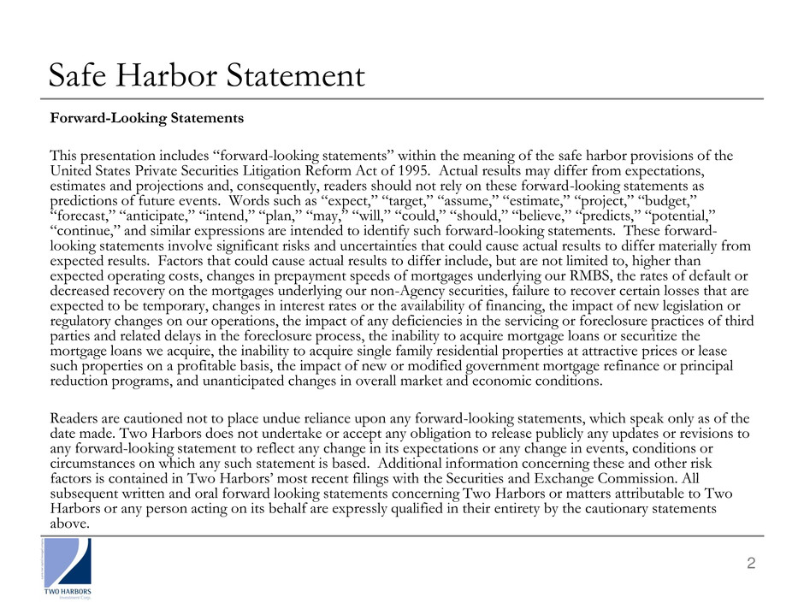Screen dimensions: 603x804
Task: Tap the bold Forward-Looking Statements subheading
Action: click(147, 119)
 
